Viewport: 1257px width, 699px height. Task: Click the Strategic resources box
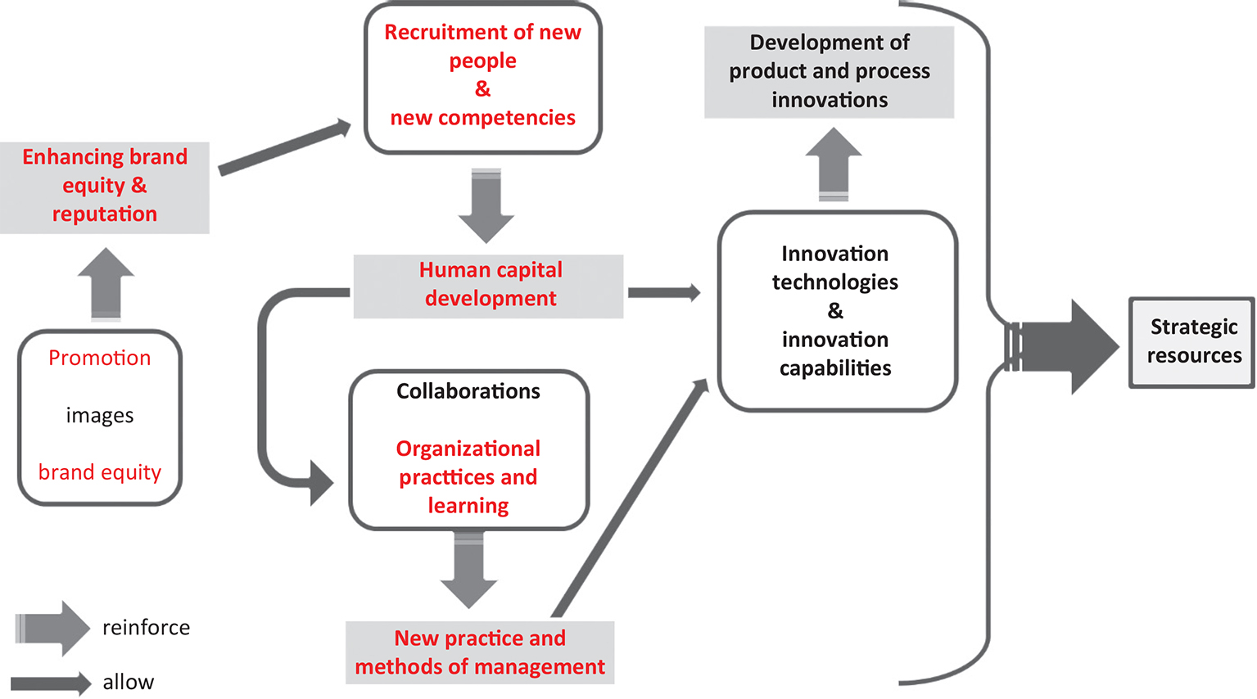(x=1192, y=342)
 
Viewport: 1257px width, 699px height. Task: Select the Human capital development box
(x=489, y=286)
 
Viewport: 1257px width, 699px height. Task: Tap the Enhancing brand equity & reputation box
(x=105, y=187)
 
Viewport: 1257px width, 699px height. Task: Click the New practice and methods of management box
(x=480, y=652)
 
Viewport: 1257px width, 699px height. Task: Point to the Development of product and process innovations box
(x=829, y=72)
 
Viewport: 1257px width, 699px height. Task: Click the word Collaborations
(x=468, y=391)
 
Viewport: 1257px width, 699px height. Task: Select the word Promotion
(x=100, y=358)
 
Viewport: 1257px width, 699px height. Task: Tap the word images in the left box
(x=100, y=416)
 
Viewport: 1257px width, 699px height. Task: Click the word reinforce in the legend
(x=146, y=628)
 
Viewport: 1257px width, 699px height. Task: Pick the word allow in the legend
(x=128, y=682)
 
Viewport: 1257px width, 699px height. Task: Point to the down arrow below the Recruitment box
(x=486, y=205)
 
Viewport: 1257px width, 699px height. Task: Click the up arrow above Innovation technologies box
(x=834, y=164)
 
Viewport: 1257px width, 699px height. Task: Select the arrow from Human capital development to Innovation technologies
(x=664, y=292)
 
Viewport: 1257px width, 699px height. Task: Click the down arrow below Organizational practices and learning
(x=468, y=570)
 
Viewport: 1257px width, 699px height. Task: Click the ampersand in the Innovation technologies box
(x=834, y=311)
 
